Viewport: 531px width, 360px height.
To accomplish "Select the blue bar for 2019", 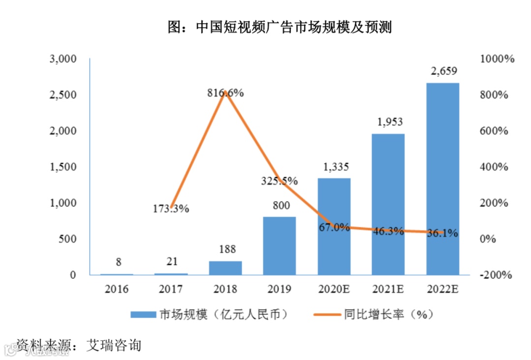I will click(279, 245).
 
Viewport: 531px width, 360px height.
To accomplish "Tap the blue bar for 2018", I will click(225, 268).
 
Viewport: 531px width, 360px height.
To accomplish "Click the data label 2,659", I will click(442, 72).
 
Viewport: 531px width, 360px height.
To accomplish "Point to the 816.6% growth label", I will click(225, 93).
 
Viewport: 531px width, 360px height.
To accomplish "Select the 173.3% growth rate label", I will click(171, 209).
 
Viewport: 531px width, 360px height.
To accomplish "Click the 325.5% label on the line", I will click(279, 181).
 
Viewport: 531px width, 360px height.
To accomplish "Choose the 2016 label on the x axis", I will click(117, 289).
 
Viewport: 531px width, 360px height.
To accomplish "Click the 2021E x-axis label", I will click(388, 289).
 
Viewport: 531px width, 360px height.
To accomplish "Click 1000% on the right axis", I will click(497, 59).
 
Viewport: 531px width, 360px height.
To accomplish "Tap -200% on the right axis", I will click(497, 275).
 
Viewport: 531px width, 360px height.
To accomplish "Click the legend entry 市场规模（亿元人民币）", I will click(209, 314).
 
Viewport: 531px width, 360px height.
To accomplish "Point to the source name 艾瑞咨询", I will click(114, 345).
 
